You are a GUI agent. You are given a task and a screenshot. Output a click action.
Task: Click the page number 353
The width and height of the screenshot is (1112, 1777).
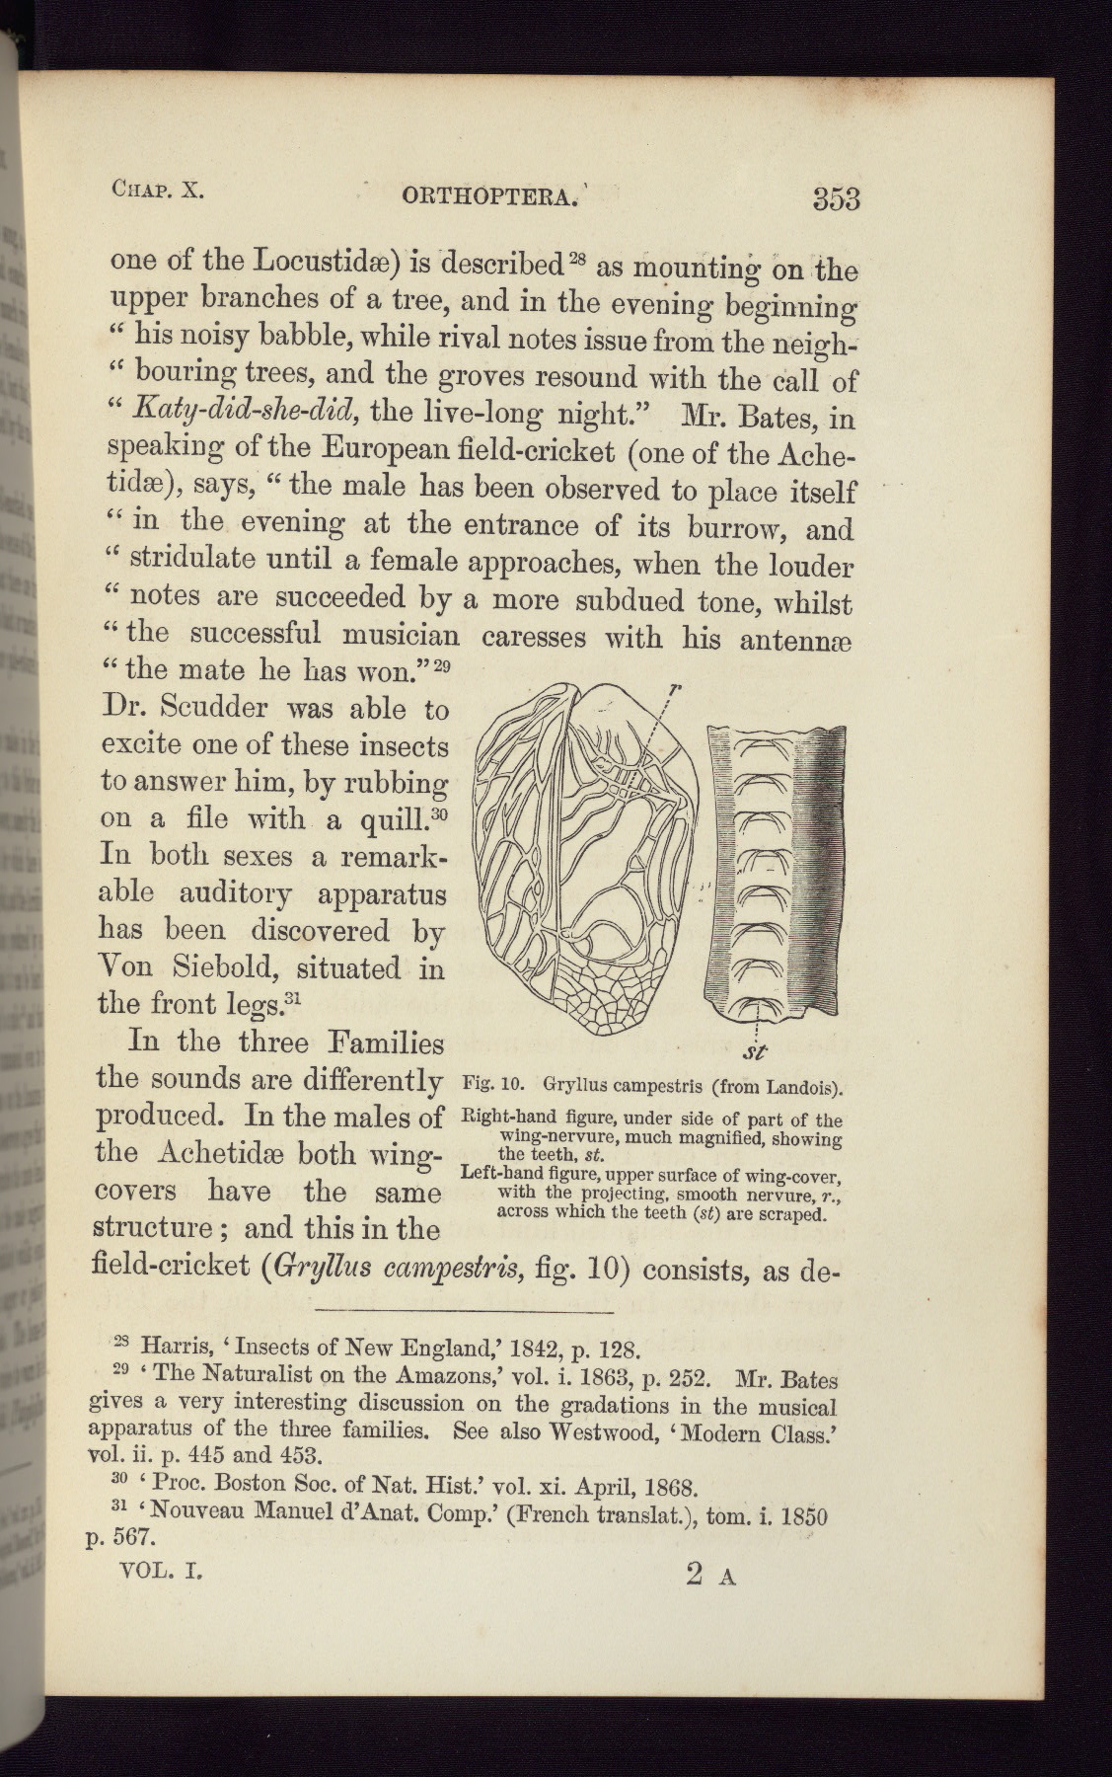pos(836,198)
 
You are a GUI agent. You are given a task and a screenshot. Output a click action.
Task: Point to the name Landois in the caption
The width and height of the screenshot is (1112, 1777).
pos(801,1088)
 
